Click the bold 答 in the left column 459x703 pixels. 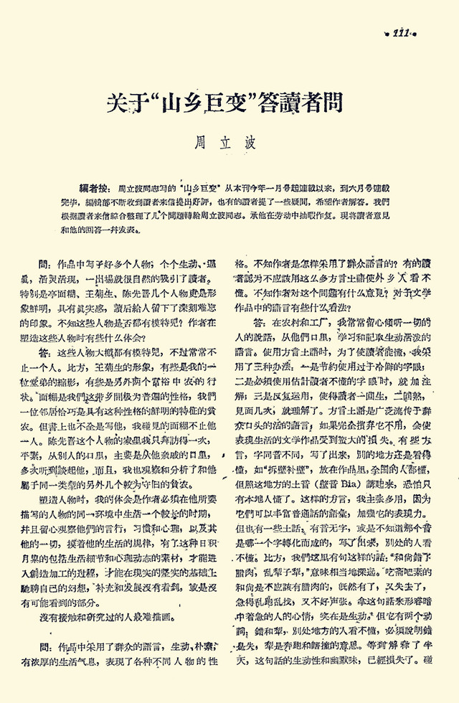(x=44, y=353)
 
